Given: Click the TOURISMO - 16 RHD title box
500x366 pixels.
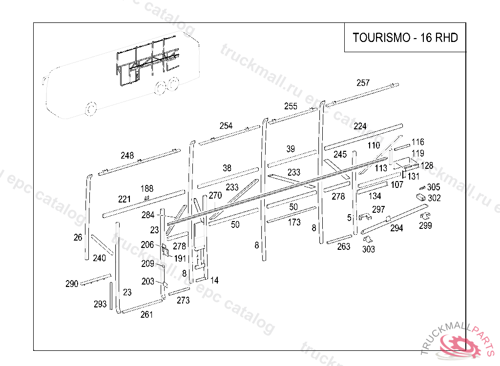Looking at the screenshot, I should click(x=405, y=38).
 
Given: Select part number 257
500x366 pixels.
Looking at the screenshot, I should click(x=363, y=83).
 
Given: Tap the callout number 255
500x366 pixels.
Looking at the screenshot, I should click(x=291, y=106).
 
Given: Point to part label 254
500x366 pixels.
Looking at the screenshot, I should click(x=226, y=126).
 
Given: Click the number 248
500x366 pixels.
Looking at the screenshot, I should click(x=127, y=156).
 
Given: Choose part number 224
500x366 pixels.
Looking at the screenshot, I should click(x=360, y=126).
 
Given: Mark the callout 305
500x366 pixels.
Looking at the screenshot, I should click(x=434, y=187).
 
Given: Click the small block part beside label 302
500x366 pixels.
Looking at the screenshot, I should click(x=420, y=197).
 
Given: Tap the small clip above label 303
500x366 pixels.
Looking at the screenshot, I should click(x=368, y=239).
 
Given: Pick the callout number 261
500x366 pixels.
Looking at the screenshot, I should click(x=146, y=315).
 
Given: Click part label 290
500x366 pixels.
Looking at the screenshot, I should click(x=72, y=284).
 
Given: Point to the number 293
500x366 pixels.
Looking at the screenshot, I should click(x=100, y=305).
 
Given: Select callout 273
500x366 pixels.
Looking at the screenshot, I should click(x=183, y=301).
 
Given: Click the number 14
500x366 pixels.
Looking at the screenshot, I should click(x=214, y=281).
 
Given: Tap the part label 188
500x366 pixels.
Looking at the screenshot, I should click(x=146, y=189).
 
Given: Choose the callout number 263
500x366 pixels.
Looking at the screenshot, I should click(x=344, y=247).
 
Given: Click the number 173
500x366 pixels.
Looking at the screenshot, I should click(x=294, y=223).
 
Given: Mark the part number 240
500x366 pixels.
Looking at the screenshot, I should click(x=99, y=258).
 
